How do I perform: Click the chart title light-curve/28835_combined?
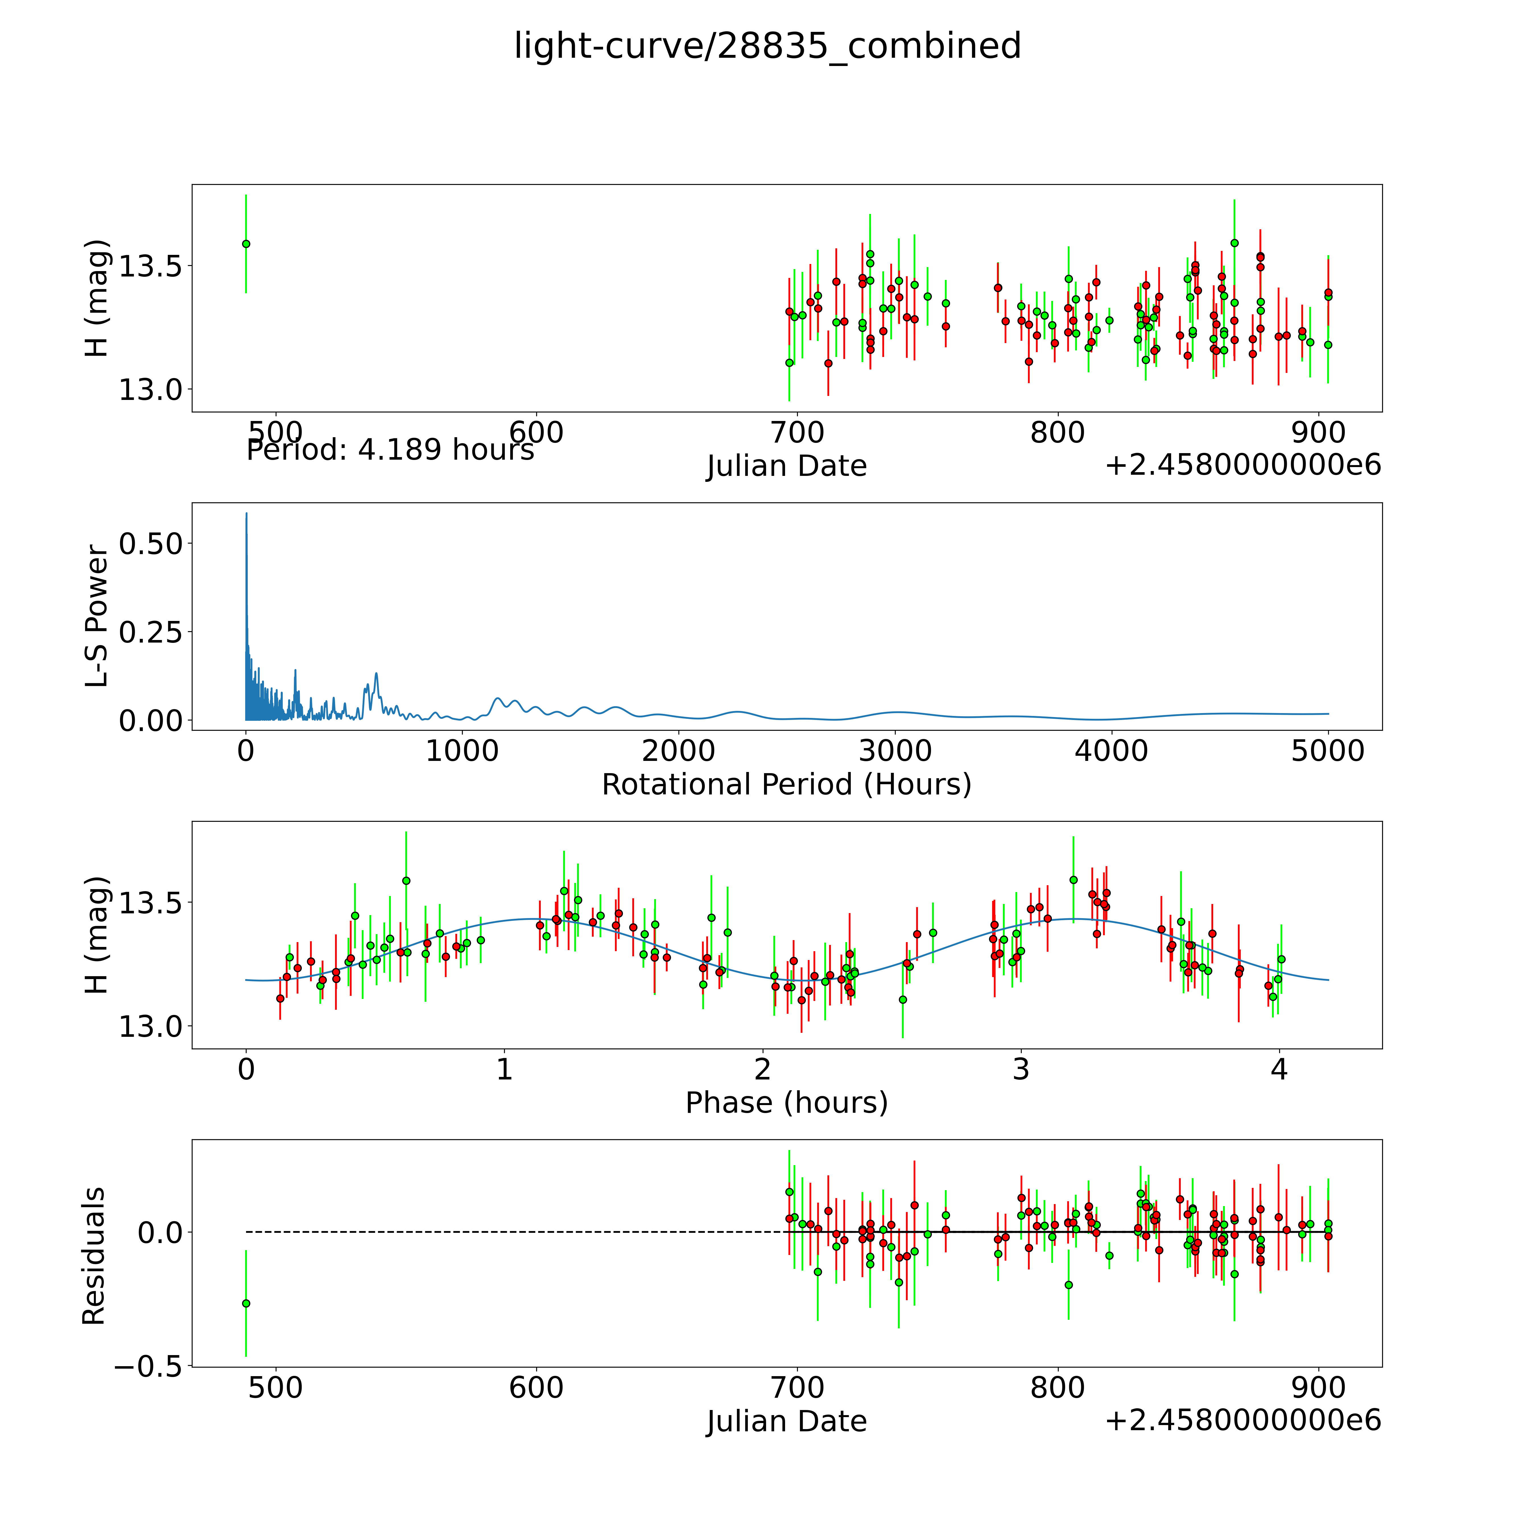[767, 46]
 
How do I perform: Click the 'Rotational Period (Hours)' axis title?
[786, 785]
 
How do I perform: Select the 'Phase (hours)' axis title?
[786, 1103]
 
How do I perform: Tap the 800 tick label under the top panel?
[1057, 433]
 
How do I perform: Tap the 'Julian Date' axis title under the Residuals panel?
[786, 1422]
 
